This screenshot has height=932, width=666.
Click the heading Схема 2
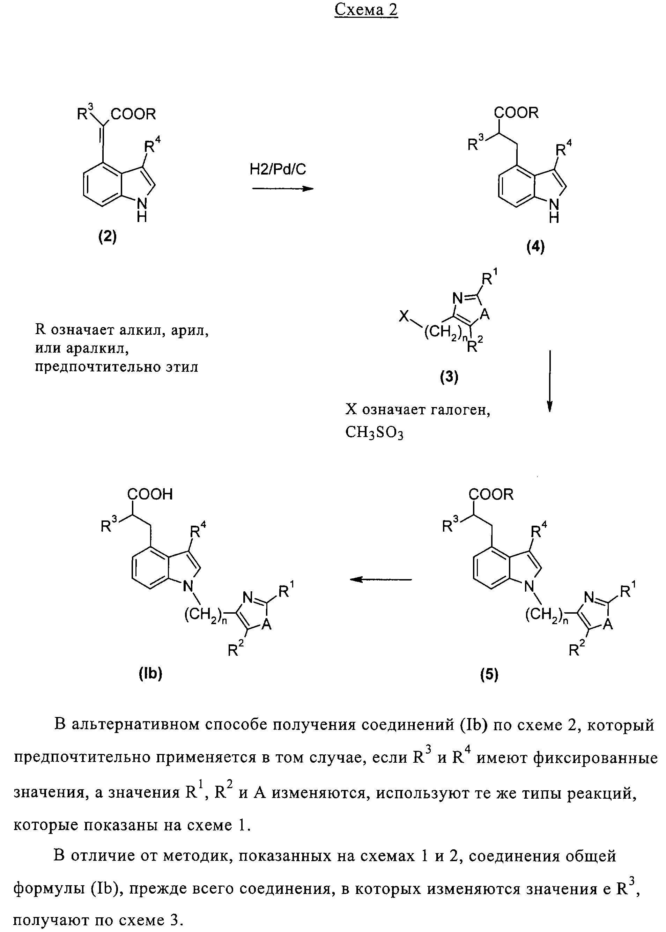click(366, 10)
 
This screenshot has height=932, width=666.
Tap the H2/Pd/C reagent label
click(277, 169)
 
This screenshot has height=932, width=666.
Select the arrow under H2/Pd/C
click(282, 188)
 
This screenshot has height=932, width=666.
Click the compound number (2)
click(108, 237)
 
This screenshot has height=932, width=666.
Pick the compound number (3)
click(449, 376)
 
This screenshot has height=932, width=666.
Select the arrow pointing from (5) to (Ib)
click(380, 579)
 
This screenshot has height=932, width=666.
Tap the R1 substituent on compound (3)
click(488, 279)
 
